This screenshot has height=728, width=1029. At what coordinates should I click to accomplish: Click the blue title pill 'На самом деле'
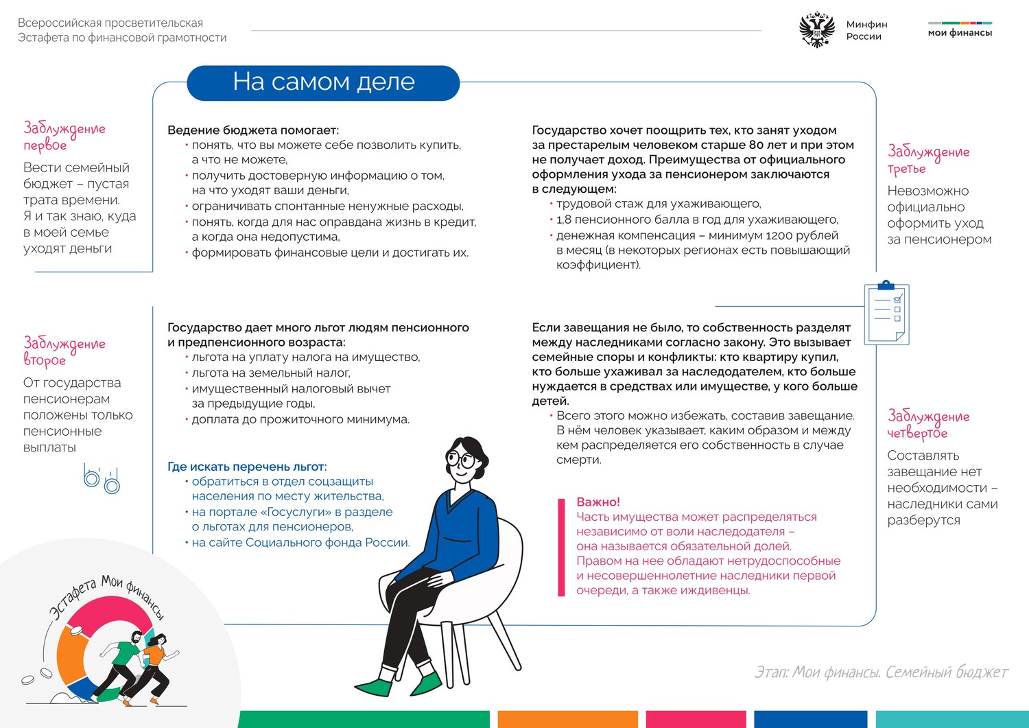323,82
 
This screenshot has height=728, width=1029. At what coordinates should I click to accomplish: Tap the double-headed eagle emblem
817,30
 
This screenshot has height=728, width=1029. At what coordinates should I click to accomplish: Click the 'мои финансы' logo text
960,32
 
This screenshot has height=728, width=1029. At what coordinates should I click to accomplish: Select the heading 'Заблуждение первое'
64,136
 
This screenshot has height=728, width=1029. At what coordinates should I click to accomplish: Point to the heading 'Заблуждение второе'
64,351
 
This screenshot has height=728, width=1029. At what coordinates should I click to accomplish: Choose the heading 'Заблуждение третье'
928,159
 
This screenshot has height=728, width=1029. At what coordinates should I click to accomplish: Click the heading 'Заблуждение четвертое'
928,424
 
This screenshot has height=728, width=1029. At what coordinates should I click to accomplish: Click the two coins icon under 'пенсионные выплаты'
101,479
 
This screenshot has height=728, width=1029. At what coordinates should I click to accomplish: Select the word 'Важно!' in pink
598,502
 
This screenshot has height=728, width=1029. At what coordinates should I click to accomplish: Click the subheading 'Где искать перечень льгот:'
247,467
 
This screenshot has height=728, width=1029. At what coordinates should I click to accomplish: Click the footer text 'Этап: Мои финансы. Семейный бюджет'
881,672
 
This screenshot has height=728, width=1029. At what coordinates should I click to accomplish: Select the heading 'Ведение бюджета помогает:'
253,130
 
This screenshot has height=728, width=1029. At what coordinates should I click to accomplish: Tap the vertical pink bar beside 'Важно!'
561,547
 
